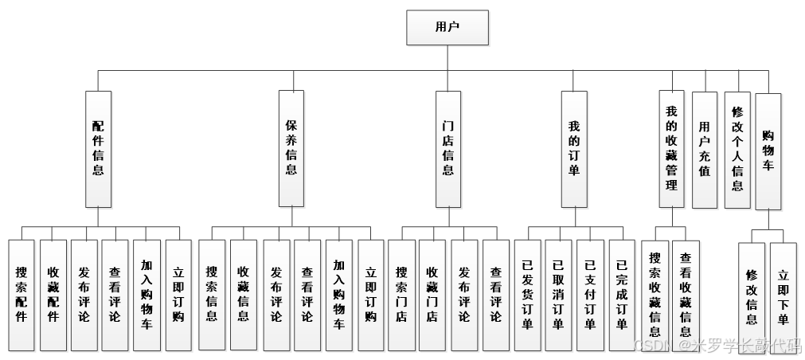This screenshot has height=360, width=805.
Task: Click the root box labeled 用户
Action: (447, 27)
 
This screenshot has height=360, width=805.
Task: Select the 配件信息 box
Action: (97, 148)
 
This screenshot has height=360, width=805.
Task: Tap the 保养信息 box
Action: (291, 148)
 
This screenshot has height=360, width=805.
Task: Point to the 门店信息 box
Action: (448, 148)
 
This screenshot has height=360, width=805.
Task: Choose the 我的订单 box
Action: (573, 148)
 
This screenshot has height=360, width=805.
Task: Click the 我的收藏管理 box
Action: (671, 148)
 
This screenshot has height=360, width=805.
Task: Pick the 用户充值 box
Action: (704, 149)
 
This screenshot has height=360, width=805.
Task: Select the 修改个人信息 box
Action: (737, 149)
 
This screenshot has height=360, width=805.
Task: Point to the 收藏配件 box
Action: (53, 295)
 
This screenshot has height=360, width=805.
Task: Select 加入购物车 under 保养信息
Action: (338, 295)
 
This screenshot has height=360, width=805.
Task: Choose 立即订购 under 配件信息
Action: (178, 295)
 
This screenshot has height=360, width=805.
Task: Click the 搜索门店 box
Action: (401, 295)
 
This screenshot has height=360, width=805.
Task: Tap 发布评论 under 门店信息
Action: (463, 295)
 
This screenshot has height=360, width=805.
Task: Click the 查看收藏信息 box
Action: (686, 295)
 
